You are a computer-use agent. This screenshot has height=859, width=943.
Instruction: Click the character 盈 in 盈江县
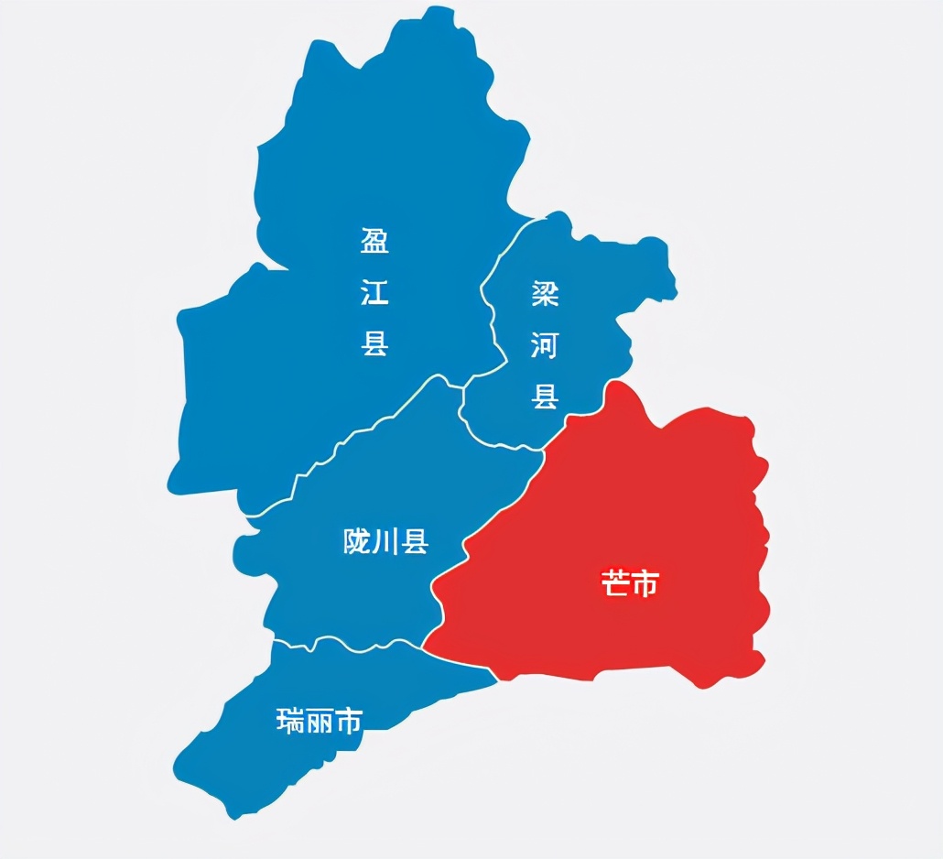click(x=374, y=242)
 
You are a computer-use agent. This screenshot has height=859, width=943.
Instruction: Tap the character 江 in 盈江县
click(x=374, y=293)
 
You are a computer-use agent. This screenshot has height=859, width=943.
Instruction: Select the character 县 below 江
click(x=374, y=343)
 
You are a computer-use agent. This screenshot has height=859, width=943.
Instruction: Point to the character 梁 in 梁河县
click(x=545, y=294)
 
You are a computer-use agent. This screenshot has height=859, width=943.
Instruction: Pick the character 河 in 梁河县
click(x=545, y=345)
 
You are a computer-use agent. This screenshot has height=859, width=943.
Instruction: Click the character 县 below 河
click(x=545, y=397)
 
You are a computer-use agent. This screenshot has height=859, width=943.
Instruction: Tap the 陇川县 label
click(x=385, y=542)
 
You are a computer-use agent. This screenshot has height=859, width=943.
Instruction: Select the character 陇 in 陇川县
click(x=356, y=542)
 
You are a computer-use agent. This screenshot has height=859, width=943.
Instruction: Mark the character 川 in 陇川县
click(x=385, y=542)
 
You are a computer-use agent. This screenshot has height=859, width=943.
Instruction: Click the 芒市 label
click(x=630, y=583)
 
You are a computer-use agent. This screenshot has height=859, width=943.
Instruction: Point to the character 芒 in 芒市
click(x=615, y=583)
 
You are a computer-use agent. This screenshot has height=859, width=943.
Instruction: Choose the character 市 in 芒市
click(x=645, y=583)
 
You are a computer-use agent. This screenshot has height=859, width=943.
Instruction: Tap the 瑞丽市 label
click(x=320, y=722)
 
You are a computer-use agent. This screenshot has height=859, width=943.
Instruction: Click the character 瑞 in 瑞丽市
click(x=290, y=722)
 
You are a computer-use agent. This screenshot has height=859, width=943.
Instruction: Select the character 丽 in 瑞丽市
click(x=320, y=722)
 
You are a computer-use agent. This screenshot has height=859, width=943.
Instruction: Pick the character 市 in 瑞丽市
click(x=349, y=722)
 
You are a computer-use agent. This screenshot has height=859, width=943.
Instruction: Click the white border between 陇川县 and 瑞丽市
click(x=357, y=647)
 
